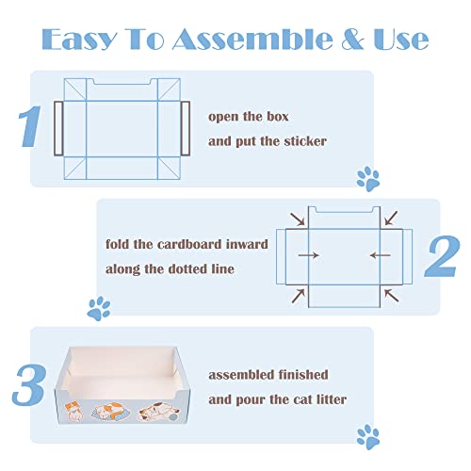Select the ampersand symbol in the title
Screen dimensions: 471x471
tap(348, 39)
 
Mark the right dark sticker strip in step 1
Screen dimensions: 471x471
tap(185, 127)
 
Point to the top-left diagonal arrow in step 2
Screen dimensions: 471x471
tap(299, 220)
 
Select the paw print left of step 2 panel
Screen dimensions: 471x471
tap(98, 306)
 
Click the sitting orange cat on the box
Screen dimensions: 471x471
tap(82, 412)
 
